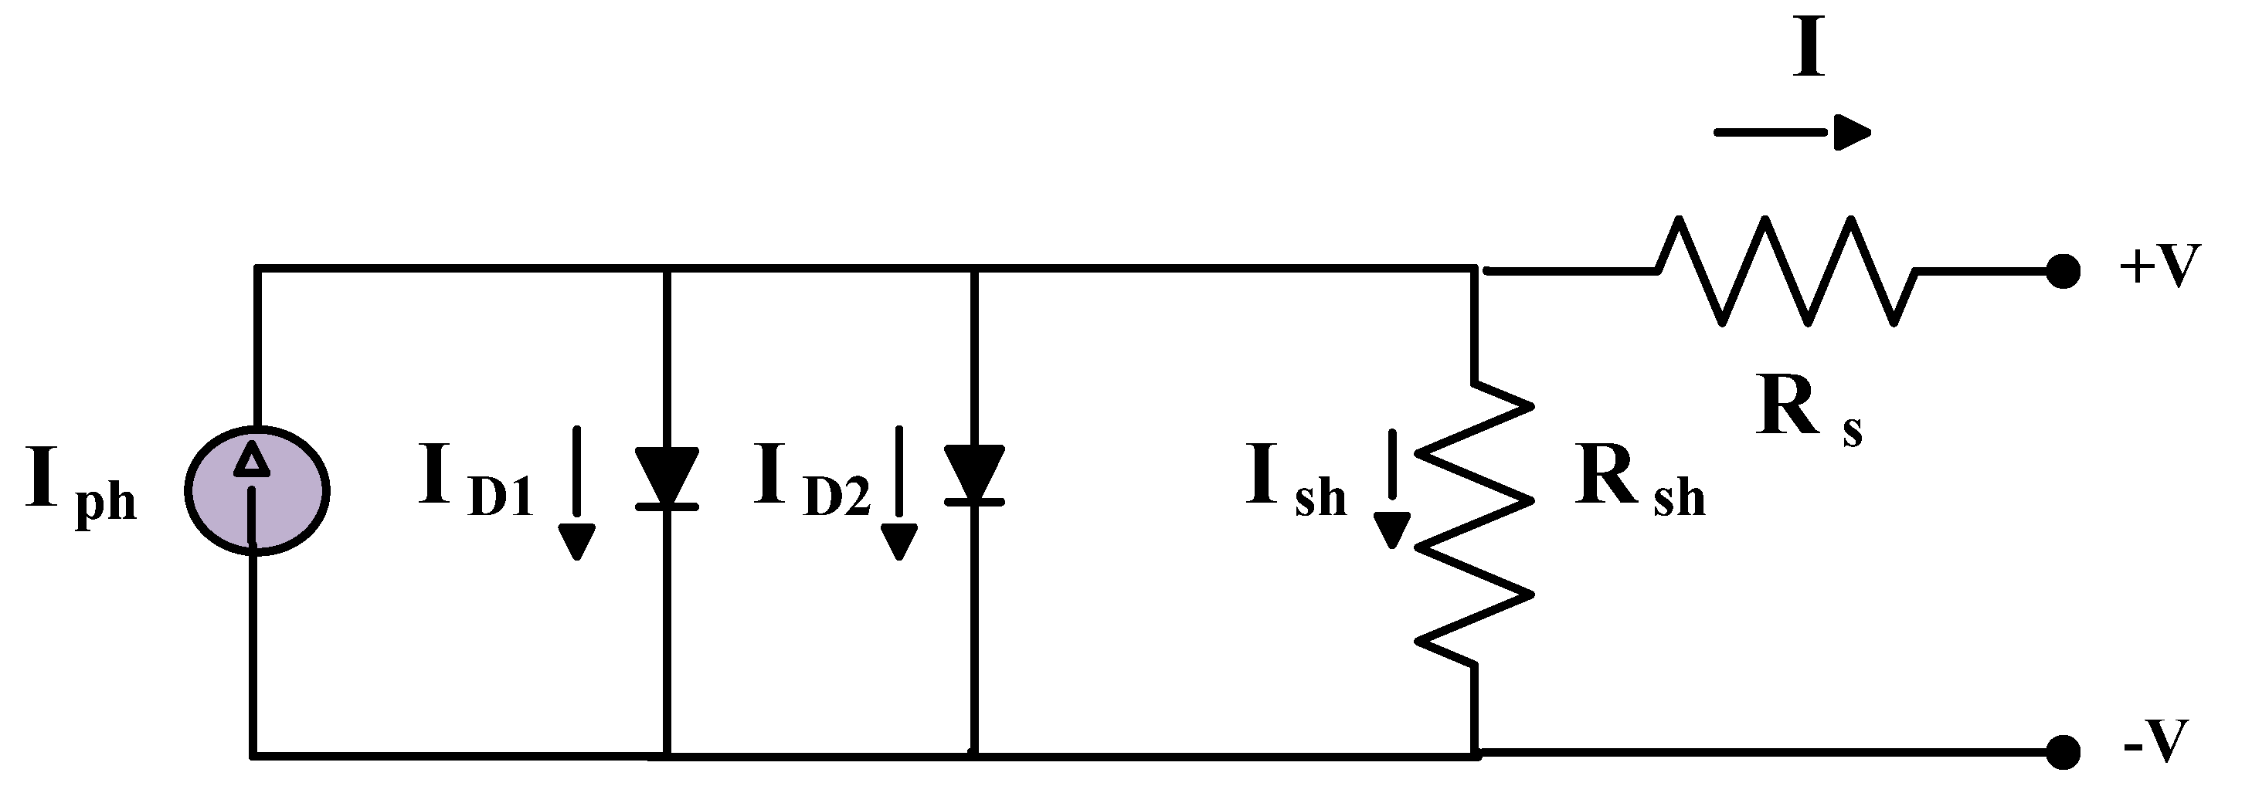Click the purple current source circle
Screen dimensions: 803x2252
[x=256, y=490]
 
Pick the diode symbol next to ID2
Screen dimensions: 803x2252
[x=974, y=476]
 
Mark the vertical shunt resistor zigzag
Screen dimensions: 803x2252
[x=1476, y=524]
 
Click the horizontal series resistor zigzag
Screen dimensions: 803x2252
[x=1787, y=271]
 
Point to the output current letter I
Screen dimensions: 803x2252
[x=1809, y=51]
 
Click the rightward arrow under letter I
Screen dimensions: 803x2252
[x=1792, y=133]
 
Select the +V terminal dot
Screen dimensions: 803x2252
[x=2063, y=272]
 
